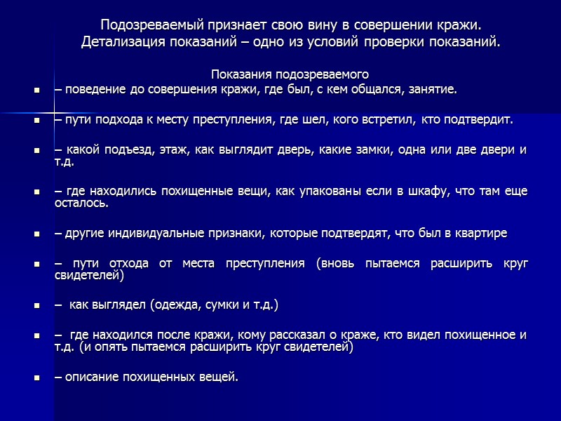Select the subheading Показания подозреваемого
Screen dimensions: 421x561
(290, 74)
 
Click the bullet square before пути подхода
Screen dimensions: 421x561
(36, 121)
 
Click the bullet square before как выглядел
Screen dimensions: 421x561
(36, 307)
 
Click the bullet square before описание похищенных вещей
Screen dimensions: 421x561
(36, 378)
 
